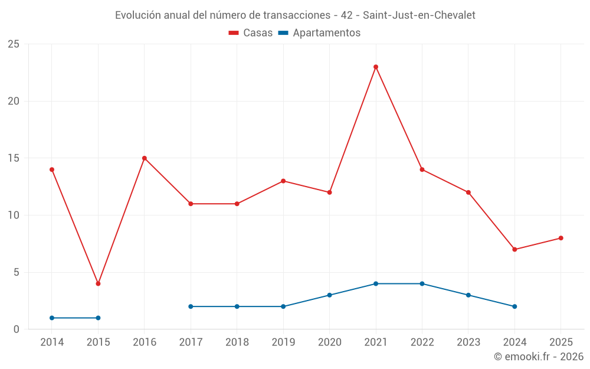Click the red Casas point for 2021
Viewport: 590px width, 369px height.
tap(376, 67)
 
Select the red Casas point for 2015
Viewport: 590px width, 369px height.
tap(98, 283)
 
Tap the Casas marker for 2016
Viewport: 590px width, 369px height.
tap(144, 158)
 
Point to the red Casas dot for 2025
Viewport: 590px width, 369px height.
tap(560, 238)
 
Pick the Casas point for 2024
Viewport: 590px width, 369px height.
tap(514, 249)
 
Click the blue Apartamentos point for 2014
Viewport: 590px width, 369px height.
tap(52, 318)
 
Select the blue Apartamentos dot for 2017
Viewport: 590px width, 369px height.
tap(191, 306)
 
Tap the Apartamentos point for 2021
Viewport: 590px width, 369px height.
tap(376, 283)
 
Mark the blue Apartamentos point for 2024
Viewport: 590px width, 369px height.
tap(514, 306)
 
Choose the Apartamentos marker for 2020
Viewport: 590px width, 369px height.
tap(329, 295)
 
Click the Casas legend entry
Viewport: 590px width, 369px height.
tap(251, 33)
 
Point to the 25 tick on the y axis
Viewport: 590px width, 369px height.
tap(13, 44)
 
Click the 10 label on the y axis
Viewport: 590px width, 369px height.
tap(13, 215)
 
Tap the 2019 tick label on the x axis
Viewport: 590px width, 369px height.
tap(283, 342)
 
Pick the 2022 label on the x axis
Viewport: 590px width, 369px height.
tap(422, 342)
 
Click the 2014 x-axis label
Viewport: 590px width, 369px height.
tap(52, 342)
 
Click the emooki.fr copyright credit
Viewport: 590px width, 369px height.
tap(538, 357)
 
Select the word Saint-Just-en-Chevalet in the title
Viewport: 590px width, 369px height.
tap(419, 15)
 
